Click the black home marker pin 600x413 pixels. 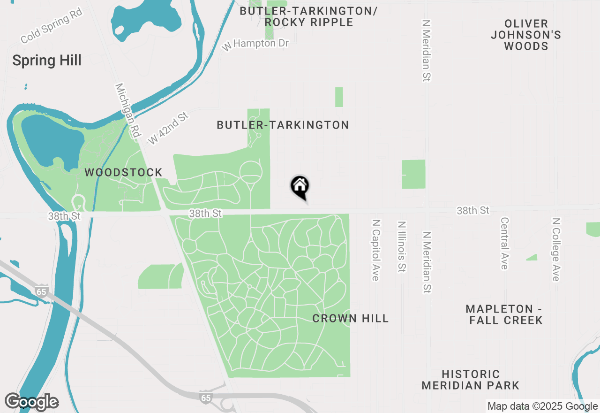(300, 187)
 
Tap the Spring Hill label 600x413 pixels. (47, 61)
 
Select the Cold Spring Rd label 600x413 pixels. (52, 26)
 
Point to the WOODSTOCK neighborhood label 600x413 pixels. (123, 173)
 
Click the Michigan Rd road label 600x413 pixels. (128, 111)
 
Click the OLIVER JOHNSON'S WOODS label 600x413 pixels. (526, 35)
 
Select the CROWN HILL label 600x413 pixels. (351, 319)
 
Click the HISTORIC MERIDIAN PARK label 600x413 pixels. (471, 380)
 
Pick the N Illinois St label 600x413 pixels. (402, 247)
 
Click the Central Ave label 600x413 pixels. (504, 243)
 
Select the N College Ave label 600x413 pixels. (556, 249)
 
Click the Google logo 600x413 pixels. (32, 402)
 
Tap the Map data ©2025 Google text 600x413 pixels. (542, 406)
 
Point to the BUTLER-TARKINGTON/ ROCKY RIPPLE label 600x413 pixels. (308, 16)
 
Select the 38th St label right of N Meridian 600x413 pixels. (473, 211)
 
